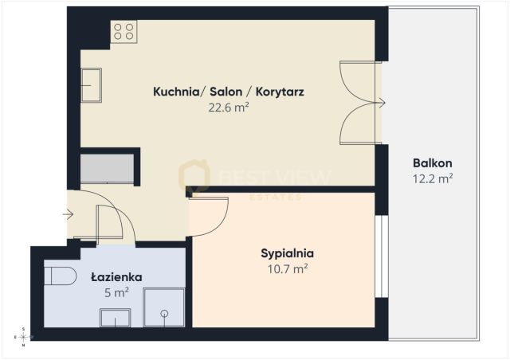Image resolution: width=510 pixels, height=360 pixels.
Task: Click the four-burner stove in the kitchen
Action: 124,31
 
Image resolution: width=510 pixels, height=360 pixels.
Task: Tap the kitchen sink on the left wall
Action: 91,85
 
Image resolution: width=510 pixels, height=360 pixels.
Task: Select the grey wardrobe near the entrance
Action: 108,170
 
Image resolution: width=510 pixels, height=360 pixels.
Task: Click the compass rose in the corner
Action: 24,337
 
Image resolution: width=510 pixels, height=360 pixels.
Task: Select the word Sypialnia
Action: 287,253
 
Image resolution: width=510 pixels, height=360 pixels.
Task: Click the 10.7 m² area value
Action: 287,268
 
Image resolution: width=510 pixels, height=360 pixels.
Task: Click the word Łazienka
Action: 116,277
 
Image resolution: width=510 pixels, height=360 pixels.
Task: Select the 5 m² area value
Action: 116,292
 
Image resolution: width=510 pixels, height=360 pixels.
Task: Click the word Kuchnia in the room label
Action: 176,92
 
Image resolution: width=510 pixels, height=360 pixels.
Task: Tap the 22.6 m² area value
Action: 228,107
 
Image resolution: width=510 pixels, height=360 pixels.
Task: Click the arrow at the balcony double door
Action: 382,102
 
